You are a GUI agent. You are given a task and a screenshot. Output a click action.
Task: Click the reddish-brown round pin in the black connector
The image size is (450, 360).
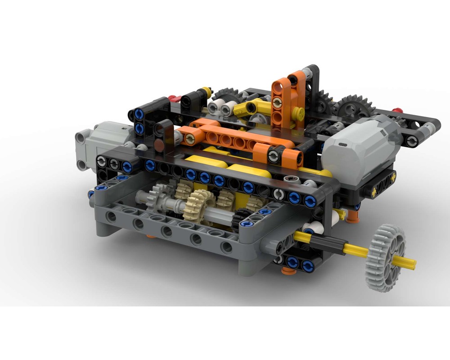159,144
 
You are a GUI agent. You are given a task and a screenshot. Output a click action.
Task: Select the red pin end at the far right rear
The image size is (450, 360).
396,110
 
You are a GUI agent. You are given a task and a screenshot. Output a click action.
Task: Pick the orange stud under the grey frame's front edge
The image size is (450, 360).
151,236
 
